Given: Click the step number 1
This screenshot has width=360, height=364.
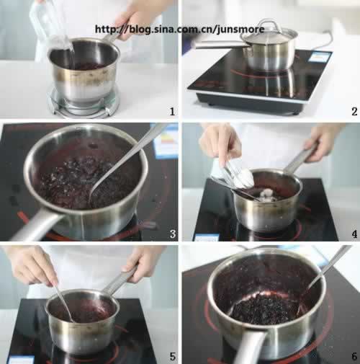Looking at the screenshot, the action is (172, 112).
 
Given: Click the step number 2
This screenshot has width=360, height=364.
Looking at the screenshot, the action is (354, 112).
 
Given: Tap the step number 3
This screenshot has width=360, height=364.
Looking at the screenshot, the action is (173, 234).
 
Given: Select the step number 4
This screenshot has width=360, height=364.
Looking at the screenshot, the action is (354, 234).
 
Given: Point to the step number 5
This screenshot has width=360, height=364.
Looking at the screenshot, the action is (172, 356).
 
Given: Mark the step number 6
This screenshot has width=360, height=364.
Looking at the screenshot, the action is (354, 356).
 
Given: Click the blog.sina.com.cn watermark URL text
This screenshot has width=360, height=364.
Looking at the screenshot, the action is (180, 30).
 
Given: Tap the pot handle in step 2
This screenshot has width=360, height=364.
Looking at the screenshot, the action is (220, 45).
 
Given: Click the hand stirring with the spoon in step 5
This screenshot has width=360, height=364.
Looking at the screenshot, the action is (32, 265).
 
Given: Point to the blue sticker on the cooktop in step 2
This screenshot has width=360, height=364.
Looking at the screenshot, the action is (319, 58).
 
